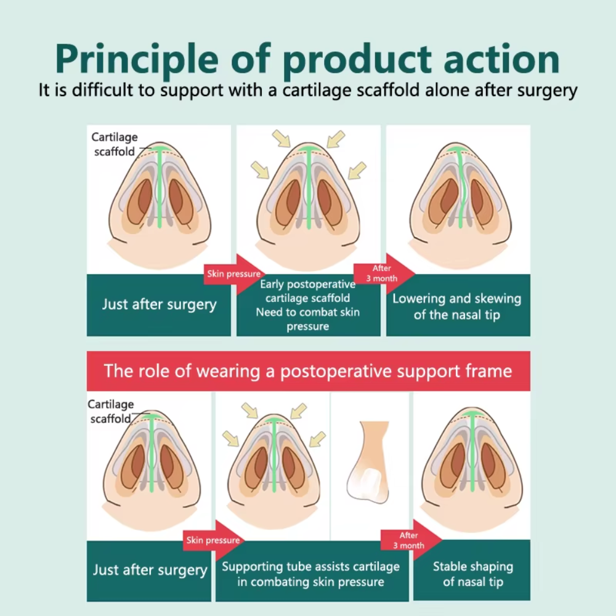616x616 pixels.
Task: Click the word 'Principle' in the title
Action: (x=134, y=60)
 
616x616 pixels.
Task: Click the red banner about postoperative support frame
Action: (x=308, y=371)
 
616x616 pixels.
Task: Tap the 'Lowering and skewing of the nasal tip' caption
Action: (x=457, y=306)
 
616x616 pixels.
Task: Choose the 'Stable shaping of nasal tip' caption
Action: (x=472, y=573)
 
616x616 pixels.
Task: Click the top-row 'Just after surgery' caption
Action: (x=159, y=304)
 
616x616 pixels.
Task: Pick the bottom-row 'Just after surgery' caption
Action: (x=150, y=570)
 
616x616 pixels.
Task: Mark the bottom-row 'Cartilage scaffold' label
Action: (x=110, y=411)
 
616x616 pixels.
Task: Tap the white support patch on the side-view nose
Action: (x=368, y=479)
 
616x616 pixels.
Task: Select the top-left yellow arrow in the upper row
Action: (x=282, y=140)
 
